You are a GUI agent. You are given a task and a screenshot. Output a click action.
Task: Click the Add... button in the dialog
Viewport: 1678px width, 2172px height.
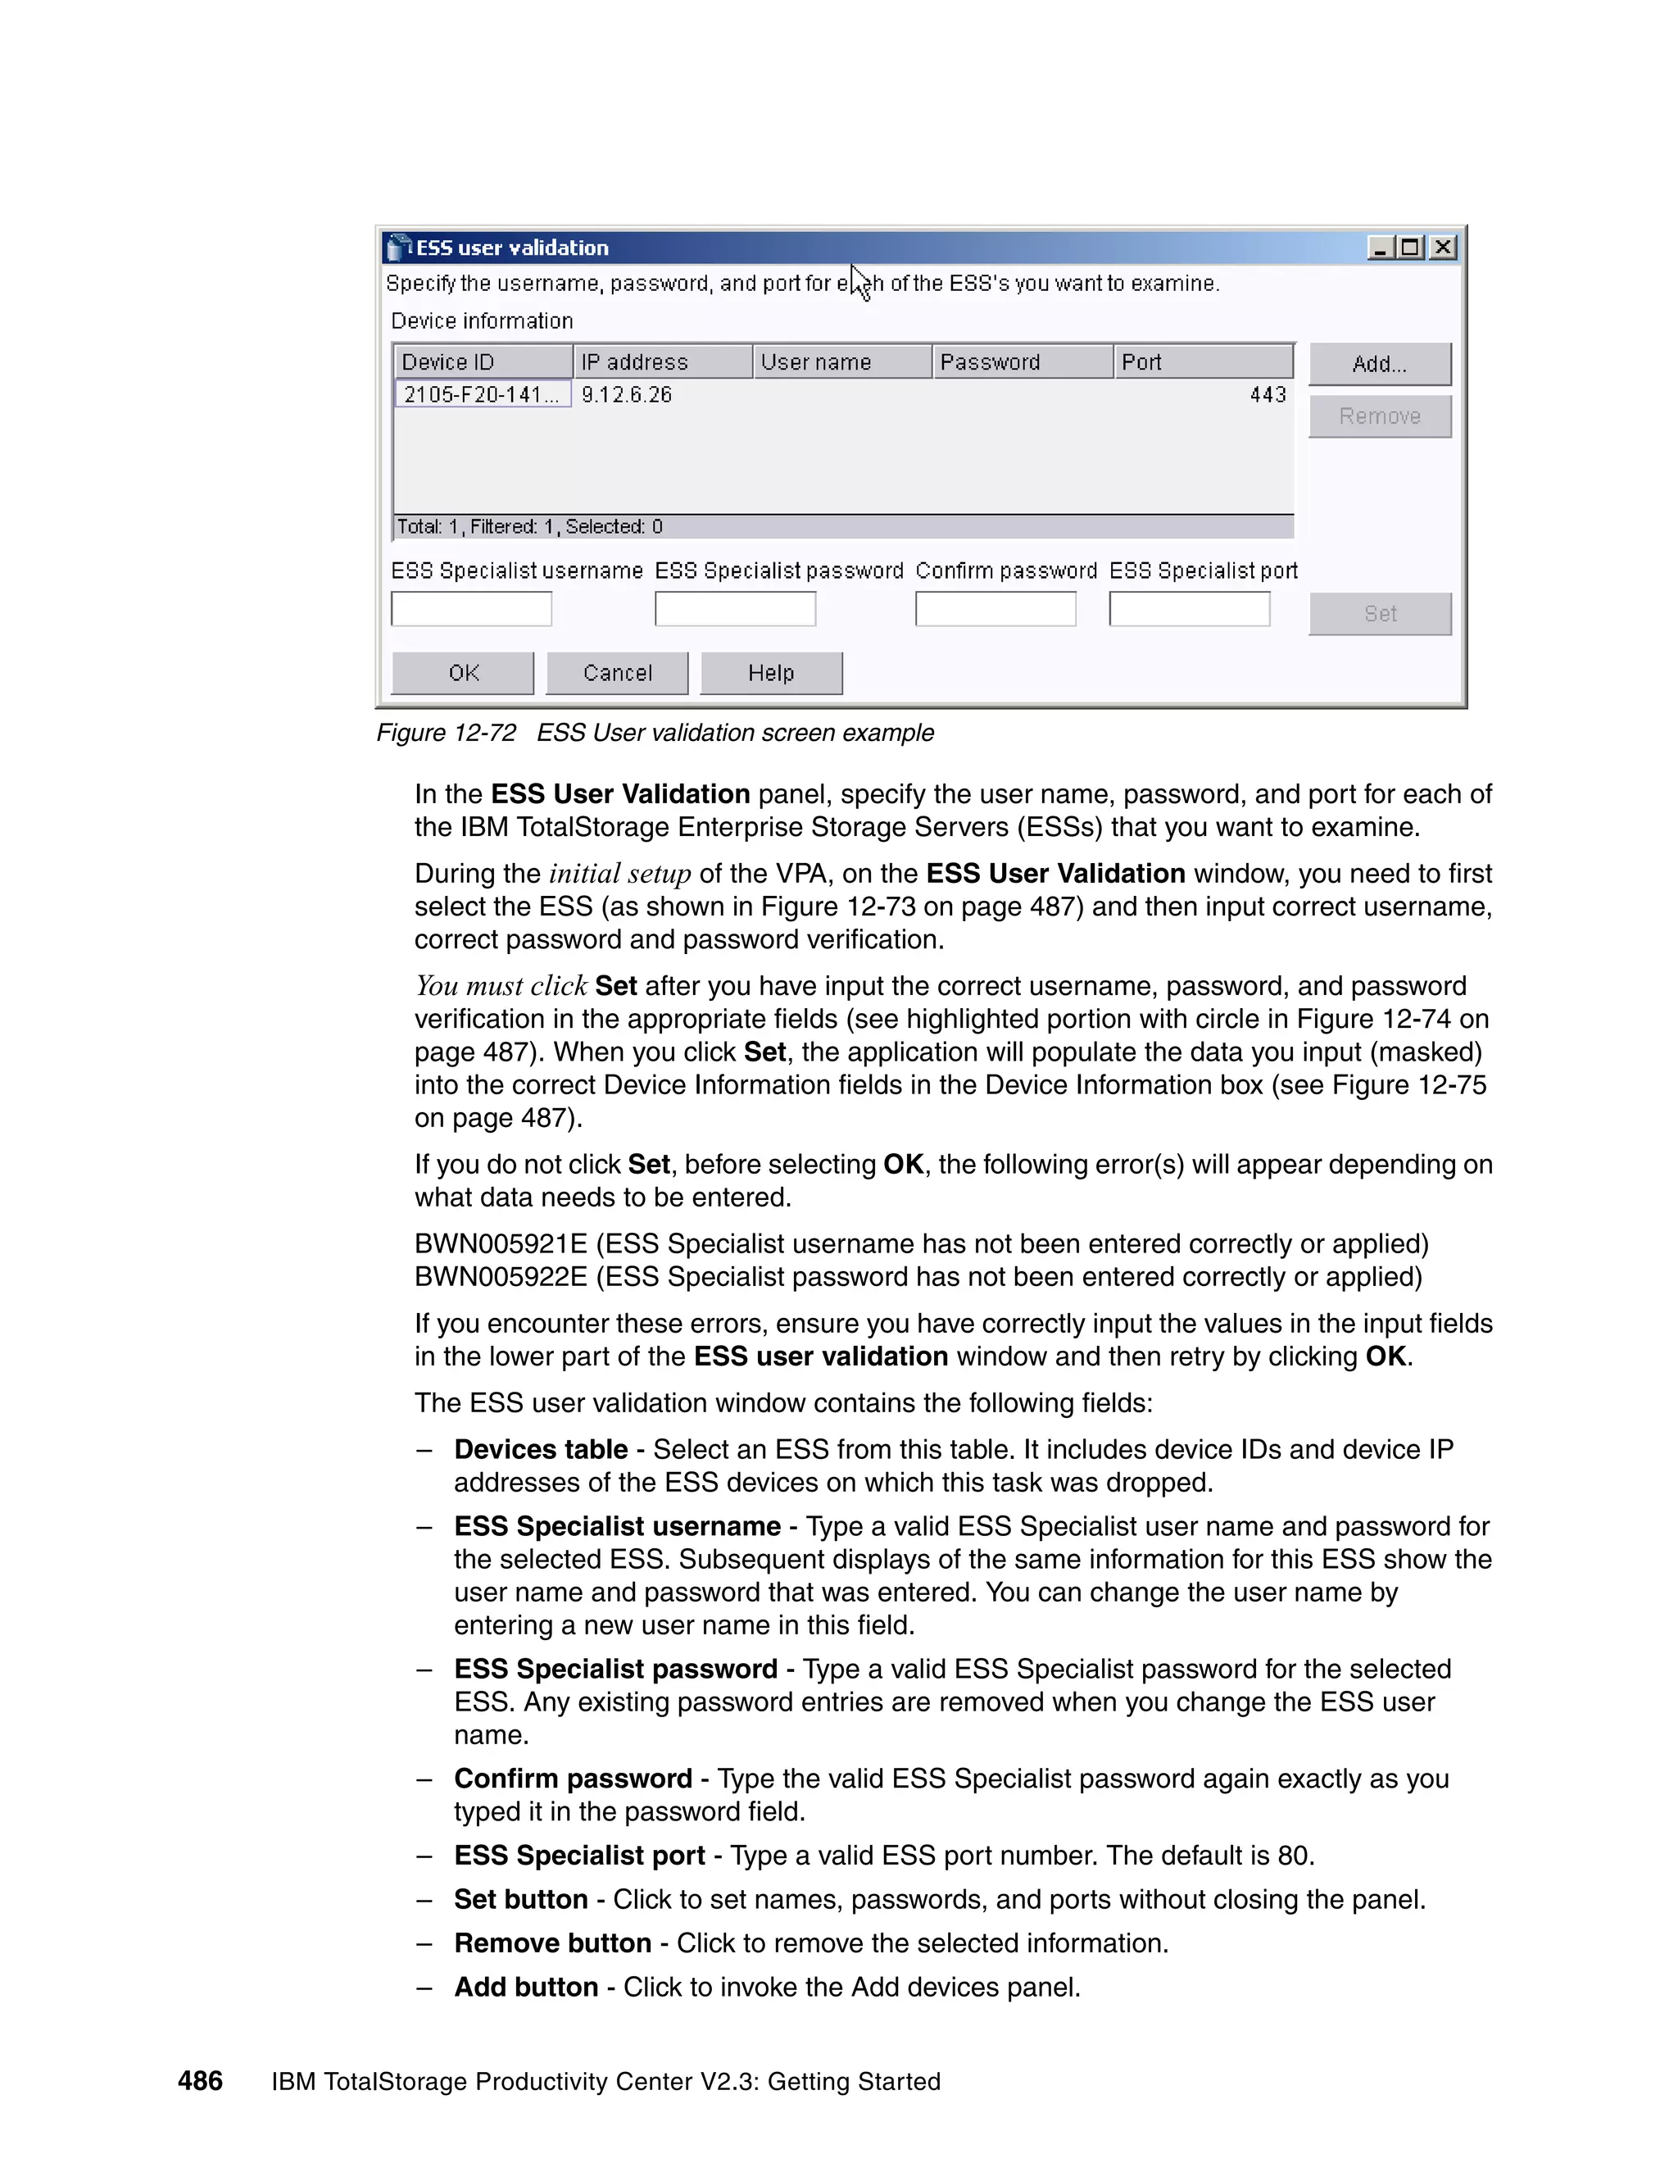[x=1379, y=364]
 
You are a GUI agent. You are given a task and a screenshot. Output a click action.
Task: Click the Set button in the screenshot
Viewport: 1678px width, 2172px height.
[x=1379, y=614]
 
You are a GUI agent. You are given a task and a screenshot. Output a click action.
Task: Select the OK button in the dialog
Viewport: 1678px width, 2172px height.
[x=462, y=673]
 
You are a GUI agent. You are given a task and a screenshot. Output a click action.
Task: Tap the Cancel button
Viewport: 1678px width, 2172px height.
[x=616, y=673]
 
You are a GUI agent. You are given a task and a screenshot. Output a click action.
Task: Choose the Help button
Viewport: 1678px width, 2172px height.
[x=770, y=673]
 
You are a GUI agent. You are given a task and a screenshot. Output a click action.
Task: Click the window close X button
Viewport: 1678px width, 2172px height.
[x=1442, y=248]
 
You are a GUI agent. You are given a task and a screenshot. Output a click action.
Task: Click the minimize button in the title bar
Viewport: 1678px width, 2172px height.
[x=1379, y=248]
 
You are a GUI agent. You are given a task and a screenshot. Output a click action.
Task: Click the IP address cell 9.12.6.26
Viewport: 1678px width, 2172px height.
[x=626, y=395]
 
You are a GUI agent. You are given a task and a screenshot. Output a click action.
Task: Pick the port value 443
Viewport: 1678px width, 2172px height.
[x=1268, y=395]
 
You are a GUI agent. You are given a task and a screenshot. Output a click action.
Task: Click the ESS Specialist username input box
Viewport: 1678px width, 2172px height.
[x=471, y=609]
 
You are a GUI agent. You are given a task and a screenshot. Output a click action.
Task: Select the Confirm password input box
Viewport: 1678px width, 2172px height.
[x=995, y=609]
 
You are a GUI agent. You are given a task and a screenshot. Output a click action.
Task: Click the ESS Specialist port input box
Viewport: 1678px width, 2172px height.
[x=1189, y=609]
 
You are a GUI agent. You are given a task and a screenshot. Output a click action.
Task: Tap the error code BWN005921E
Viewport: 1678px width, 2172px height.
[x=501, y=1244]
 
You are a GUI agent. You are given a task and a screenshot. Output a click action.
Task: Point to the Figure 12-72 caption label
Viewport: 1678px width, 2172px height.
[x=447, y=733]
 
